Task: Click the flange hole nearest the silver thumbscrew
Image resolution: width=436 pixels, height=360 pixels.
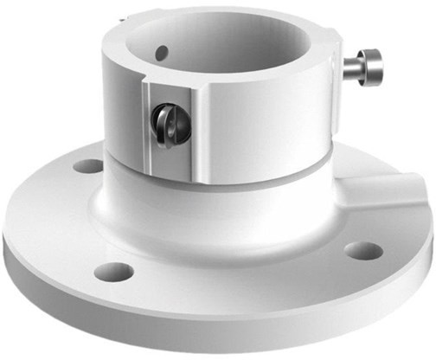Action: pyautogui.click(x=362, y=251)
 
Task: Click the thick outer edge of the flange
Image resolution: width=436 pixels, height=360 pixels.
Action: pyautogui.click(x=216, y=333)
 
